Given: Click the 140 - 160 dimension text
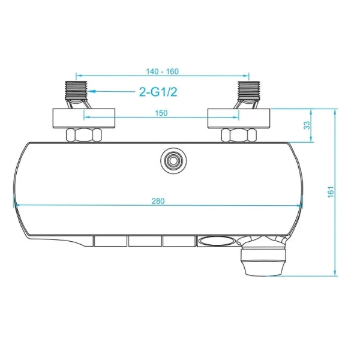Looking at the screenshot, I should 162,71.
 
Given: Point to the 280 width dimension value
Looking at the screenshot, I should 158,200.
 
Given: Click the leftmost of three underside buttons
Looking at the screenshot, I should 110,241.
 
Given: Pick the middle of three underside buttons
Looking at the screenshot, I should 144,241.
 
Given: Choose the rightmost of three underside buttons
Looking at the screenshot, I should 178,241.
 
